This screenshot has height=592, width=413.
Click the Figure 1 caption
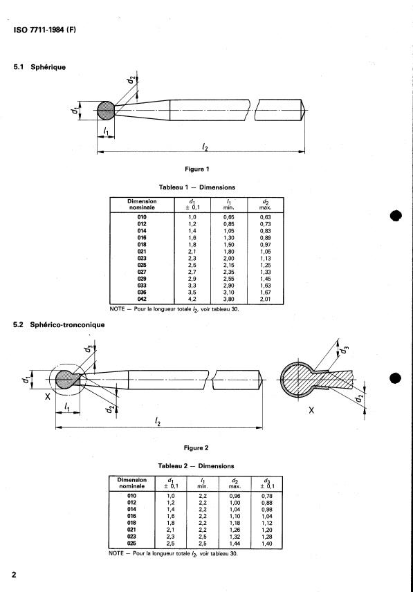coord(195,169)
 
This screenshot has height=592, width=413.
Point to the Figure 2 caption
coord(194,448)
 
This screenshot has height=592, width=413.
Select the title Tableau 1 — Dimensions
coord(196,187)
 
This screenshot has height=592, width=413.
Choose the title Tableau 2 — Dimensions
coord(194,466)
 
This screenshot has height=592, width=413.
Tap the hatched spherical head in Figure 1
coord(106,110)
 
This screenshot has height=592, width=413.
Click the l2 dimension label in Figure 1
coord(205,147)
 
